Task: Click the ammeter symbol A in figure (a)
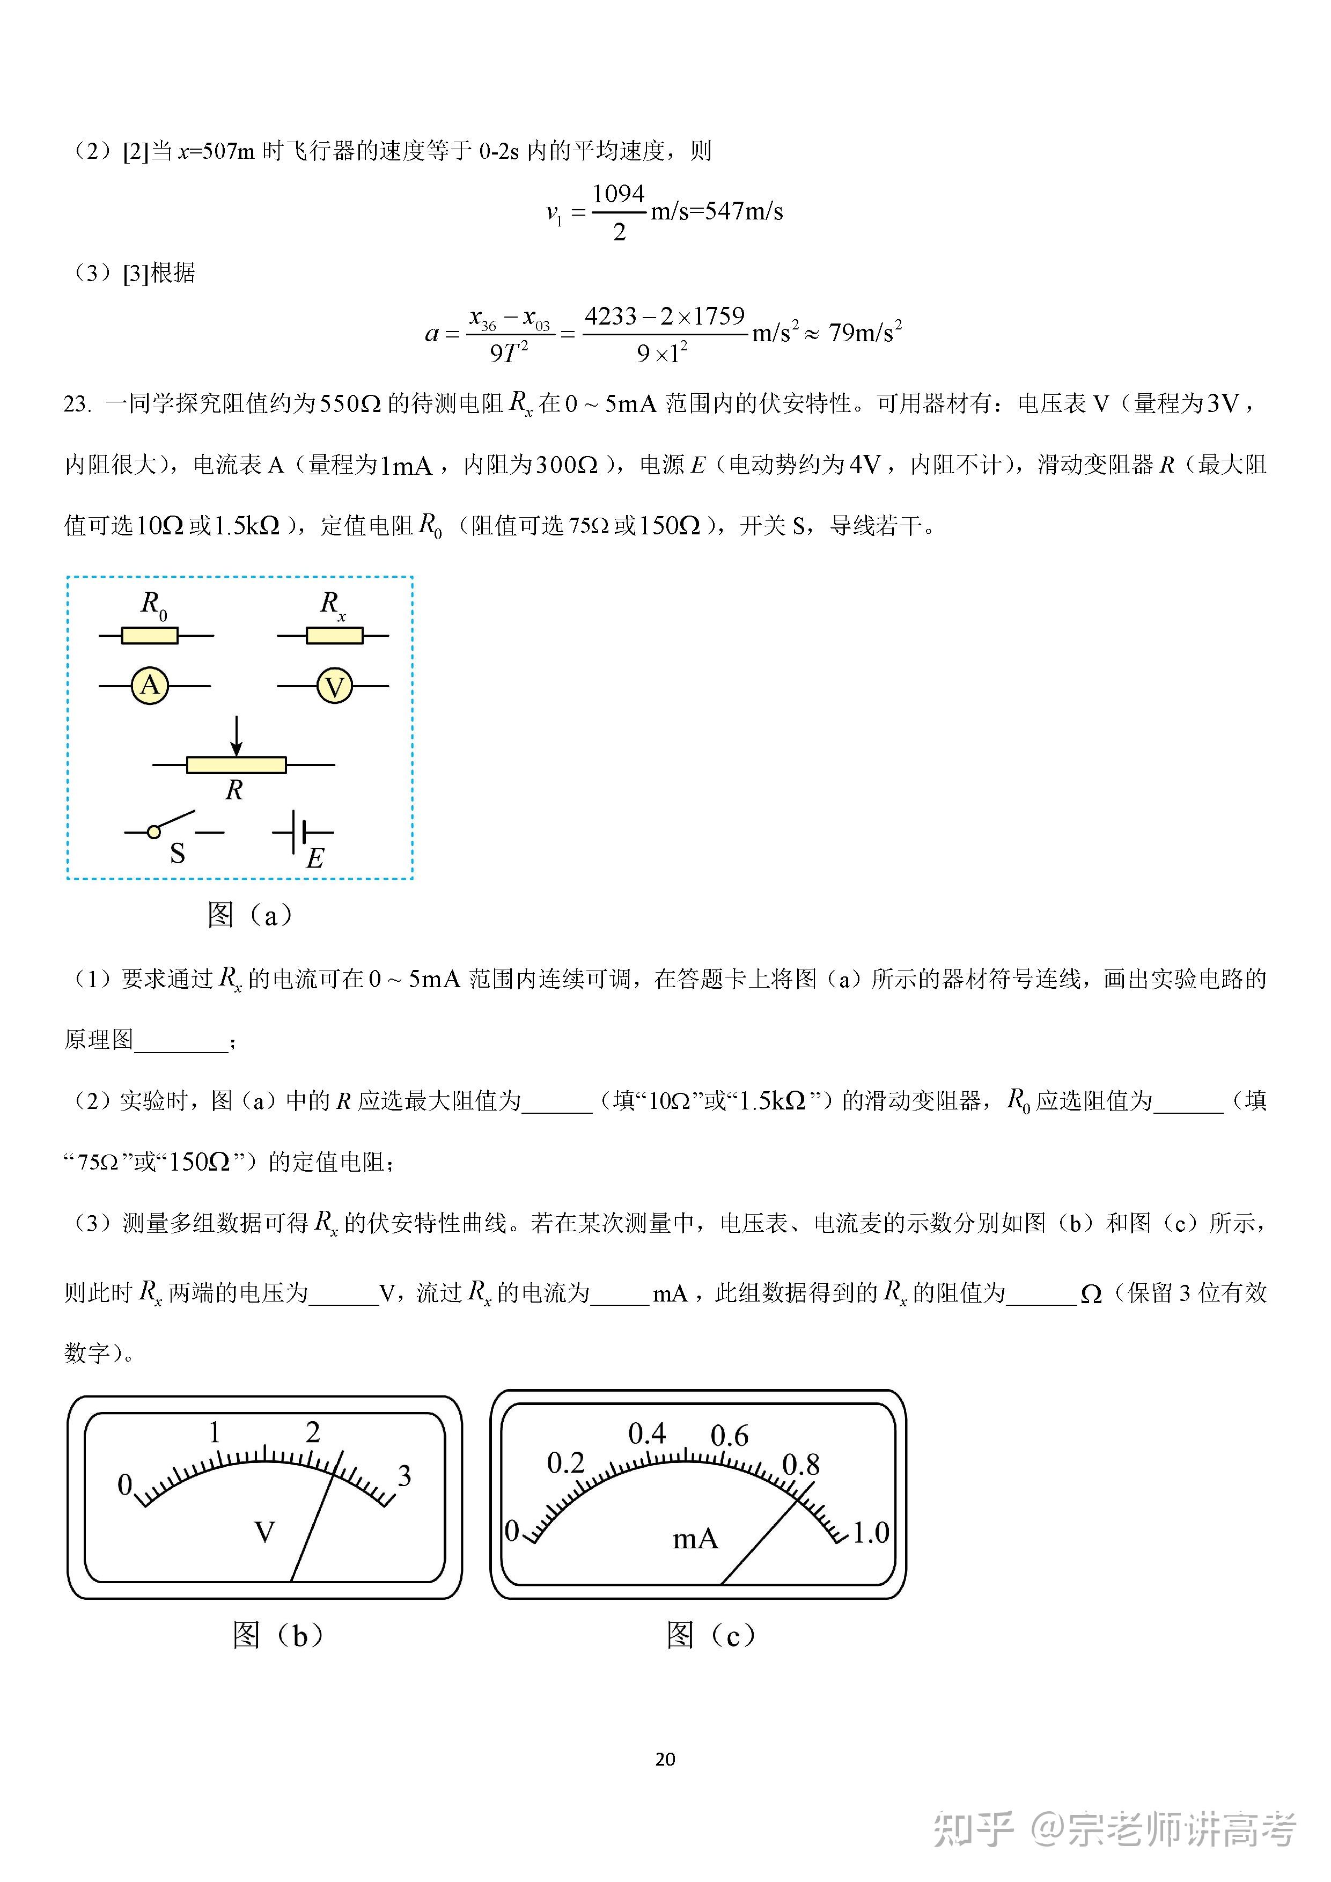click(150, 685)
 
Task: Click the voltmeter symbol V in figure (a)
click(334, 686)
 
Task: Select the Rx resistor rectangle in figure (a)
click(334, 635)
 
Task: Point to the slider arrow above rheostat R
click(236, 736)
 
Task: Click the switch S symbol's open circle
click(153, 832)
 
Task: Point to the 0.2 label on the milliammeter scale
click(565, 1463)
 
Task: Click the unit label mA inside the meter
click(695, 1539)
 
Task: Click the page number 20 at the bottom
click(665, 1759)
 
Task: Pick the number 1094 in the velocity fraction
click(619, 194)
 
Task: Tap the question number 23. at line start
click(77, 404)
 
